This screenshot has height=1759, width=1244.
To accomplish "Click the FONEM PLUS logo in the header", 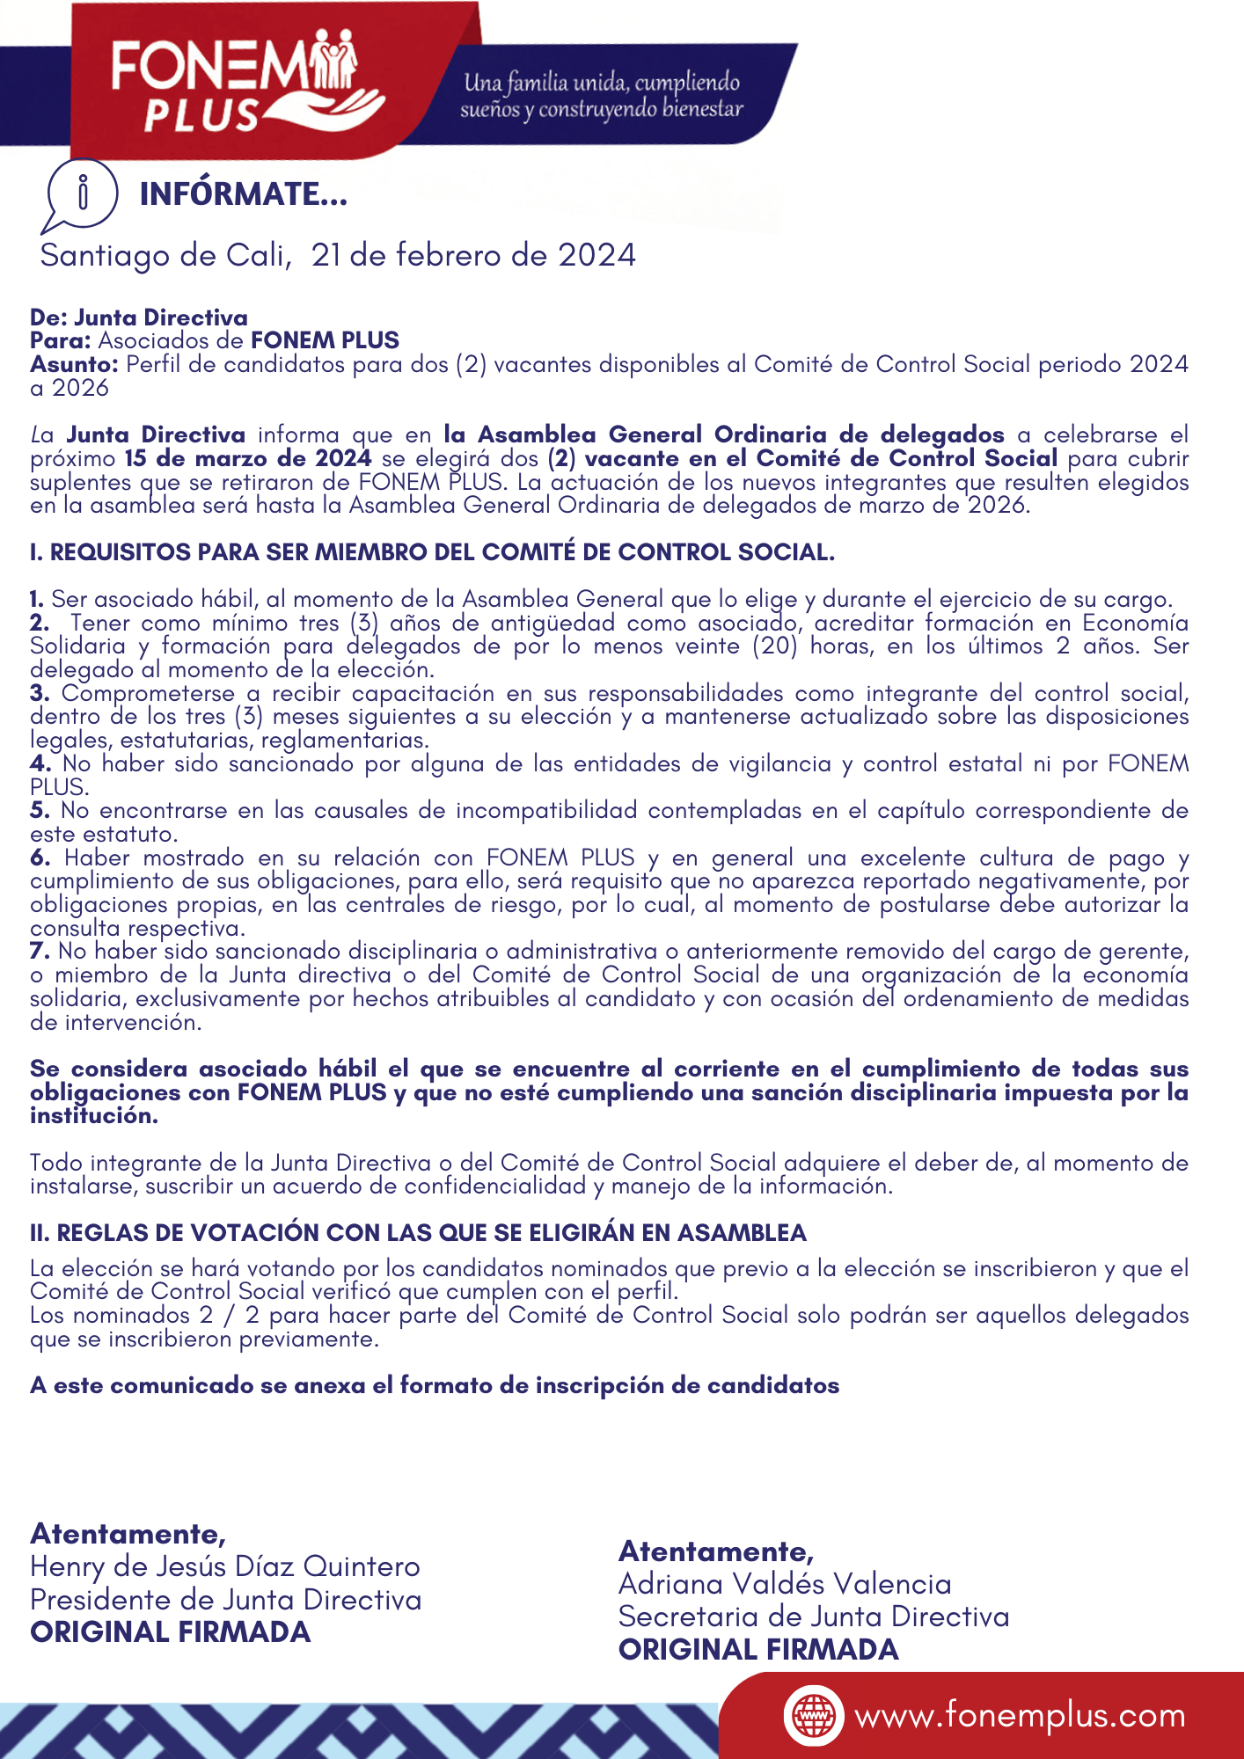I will point(247,84).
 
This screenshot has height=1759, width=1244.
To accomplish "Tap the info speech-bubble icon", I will point(81,193).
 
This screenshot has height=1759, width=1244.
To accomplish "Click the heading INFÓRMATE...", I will point(244,194).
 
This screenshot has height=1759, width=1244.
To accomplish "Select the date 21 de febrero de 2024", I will point(473,255).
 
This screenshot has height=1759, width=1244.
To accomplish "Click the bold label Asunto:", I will point(75,364).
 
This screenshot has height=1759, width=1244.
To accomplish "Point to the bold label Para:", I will point(61,340).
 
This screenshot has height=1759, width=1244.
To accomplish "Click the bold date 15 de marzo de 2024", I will point(248,458).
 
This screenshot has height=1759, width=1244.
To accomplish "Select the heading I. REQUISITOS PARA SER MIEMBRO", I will point(432,552).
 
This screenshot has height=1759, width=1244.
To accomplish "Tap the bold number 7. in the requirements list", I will point(40,951).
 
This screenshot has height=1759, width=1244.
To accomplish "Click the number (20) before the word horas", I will point(775,646).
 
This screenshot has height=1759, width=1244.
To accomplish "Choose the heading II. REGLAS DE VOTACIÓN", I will point(418,1233).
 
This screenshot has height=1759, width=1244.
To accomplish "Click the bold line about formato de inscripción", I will point(435,1385).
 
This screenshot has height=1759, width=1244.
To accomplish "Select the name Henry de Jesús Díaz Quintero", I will point(225,1566).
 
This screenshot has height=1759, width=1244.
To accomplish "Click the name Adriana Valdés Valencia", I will point(785,1584).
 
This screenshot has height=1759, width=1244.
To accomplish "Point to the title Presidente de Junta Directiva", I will point(226,1600).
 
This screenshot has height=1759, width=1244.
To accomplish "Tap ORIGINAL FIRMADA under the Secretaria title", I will point(758,1650).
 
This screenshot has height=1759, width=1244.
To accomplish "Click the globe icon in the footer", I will point(813,1716).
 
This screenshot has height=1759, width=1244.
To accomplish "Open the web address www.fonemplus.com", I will point(1020,1716).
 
